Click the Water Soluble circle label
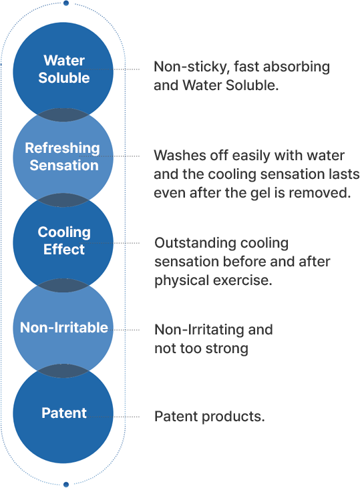[64, 69]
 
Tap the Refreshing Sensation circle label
[63, 156]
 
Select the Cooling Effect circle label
[64, 240]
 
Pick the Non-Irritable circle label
[64, 327]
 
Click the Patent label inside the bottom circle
[64, 413]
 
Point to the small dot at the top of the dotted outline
[66, 3]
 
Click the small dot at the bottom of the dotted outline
[66, 484]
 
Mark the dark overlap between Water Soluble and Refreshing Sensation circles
[63, 115]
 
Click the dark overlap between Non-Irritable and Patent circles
[63, 371]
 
